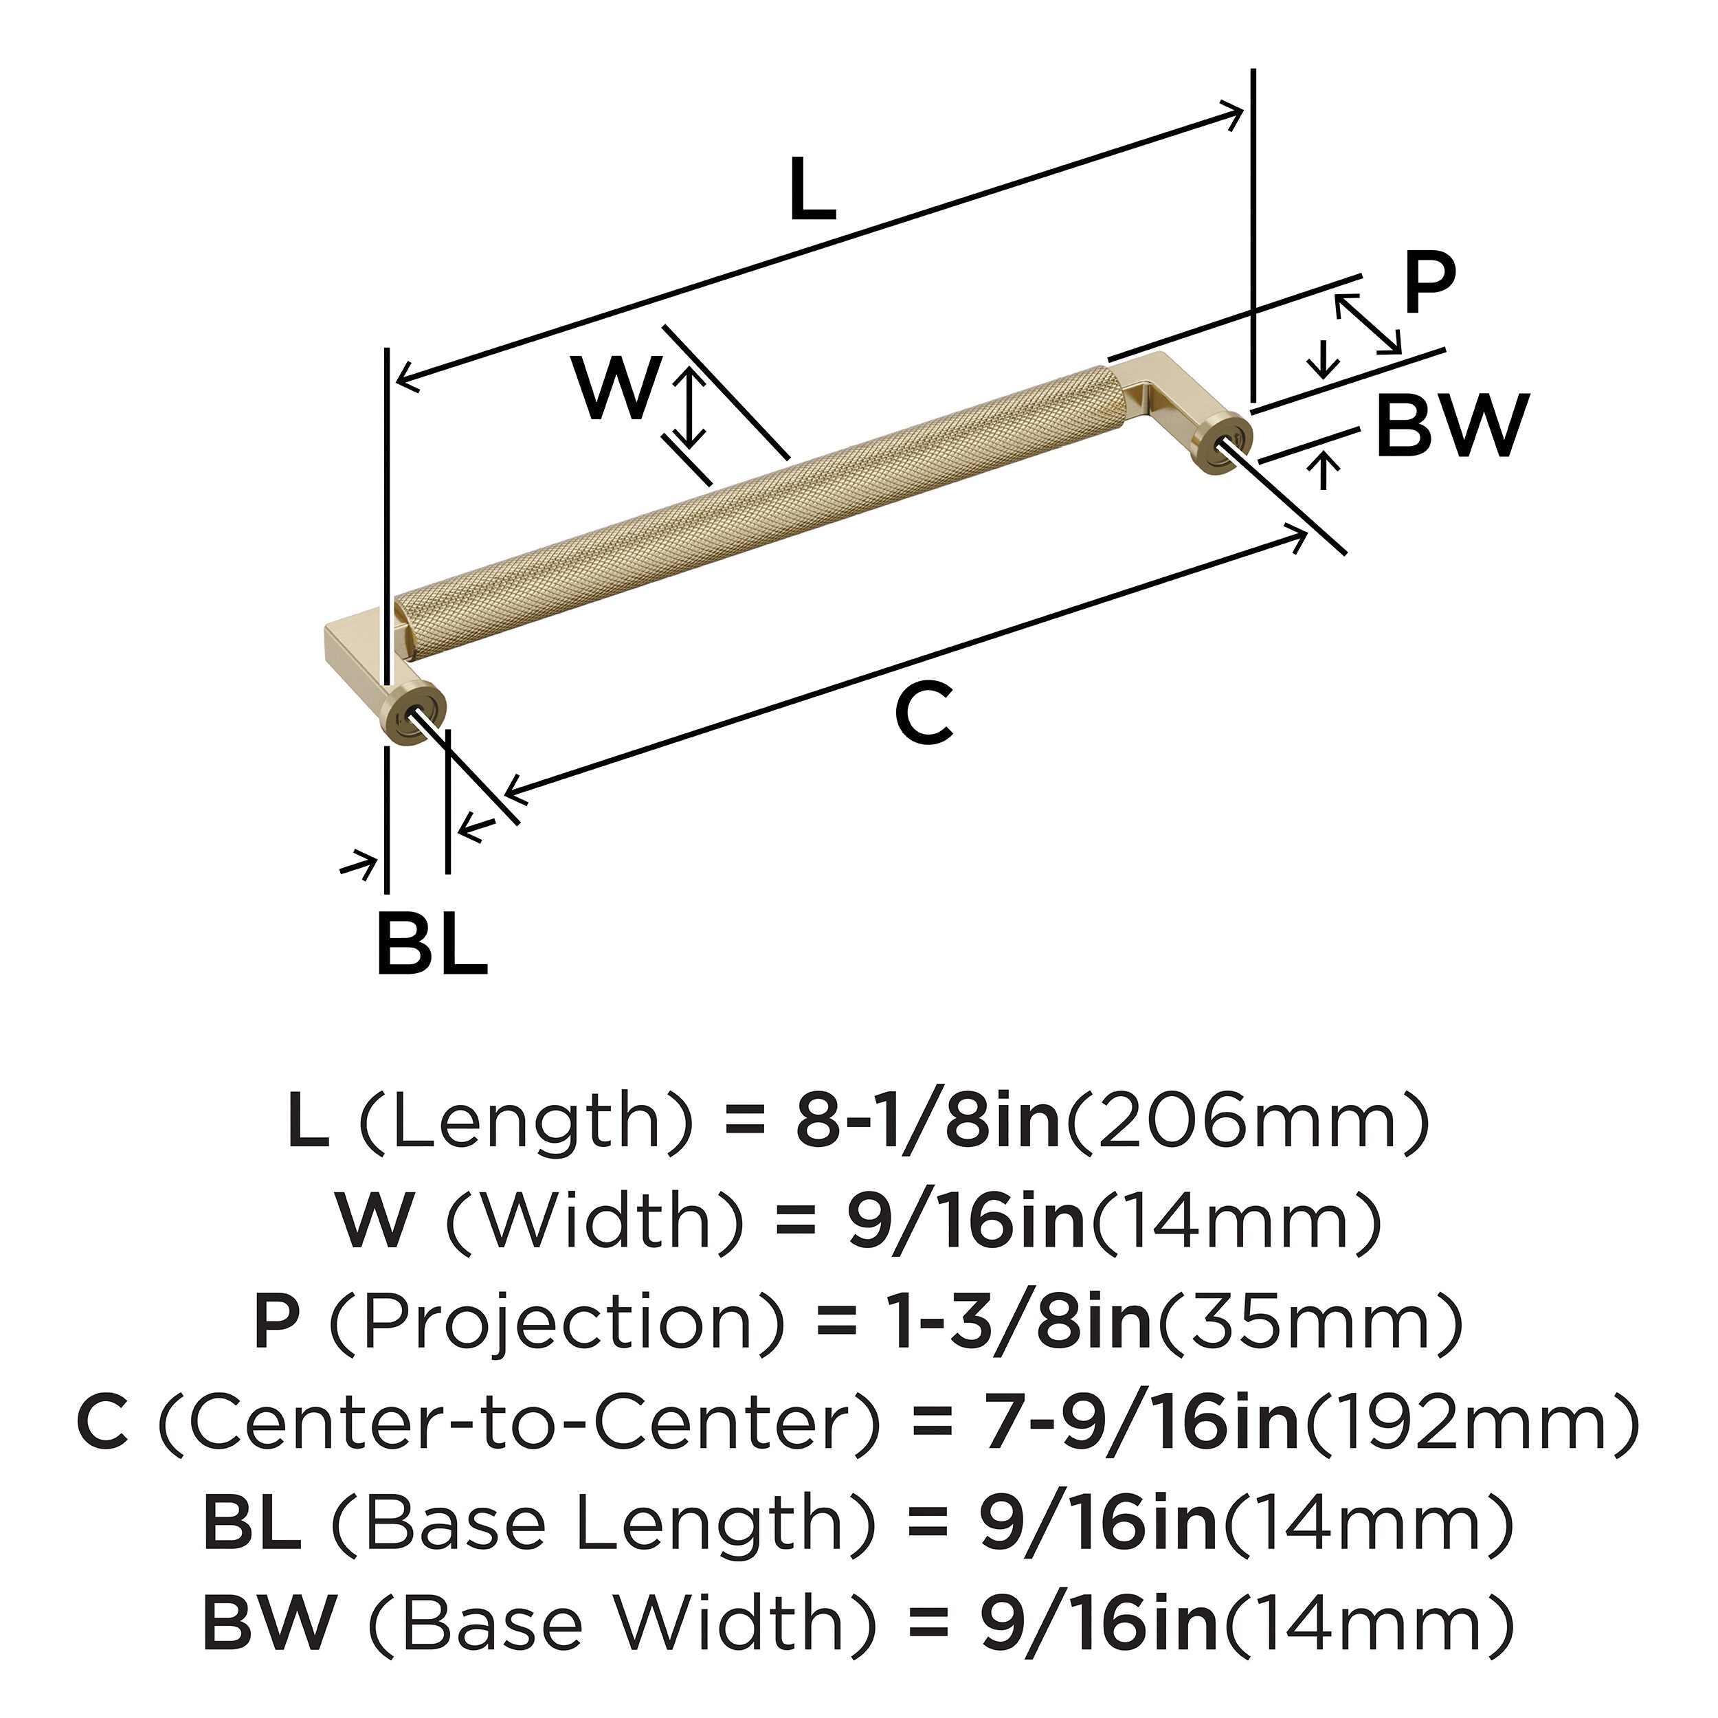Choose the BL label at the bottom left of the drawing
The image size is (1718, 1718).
tap(432, 943)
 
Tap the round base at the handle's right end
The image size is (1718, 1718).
tap(1224, 442)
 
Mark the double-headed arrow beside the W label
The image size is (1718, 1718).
tap(689, 409)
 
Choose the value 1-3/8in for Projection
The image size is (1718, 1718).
tap(1022, 1323)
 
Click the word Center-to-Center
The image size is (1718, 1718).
tap(521, 1424)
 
